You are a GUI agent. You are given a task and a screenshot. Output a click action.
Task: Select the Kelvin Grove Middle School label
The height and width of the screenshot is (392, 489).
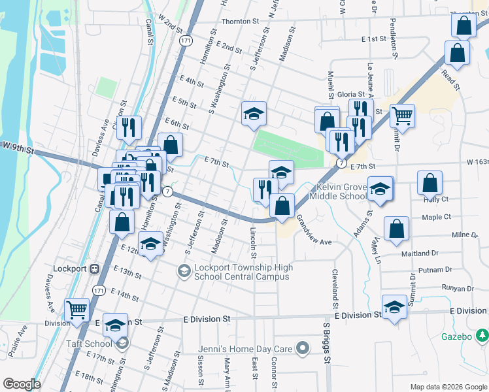click(x=337, y=191)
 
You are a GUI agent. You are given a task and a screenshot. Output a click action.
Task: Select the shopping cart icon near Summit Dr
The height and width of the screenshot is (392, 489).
click(x=402, y=117)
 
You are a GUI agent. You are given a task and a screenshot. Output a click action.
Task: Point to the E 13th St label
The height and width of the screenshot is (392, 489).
click(x=127, y=272)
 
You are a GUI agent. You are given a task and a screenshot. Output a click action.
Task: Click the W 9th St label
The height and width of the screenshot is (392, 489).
click(x=18, y=148)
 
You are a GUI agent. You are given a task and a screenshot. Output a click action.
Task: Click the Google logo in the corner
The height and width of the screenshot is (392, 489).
click(x=22, y=384)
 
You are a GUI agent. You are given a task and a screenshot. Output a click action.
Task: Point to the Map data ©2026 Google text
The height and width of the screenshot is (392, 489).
click(x=448, y=387)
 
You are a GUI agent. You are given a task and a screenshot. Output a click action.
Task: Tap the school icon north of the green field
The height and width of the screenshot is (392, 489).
click(x=254, y=114)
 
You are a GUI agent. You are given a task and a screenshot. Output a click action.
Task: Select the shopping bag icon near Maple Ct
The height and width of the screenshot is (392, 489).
click(x=396, y=230)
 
